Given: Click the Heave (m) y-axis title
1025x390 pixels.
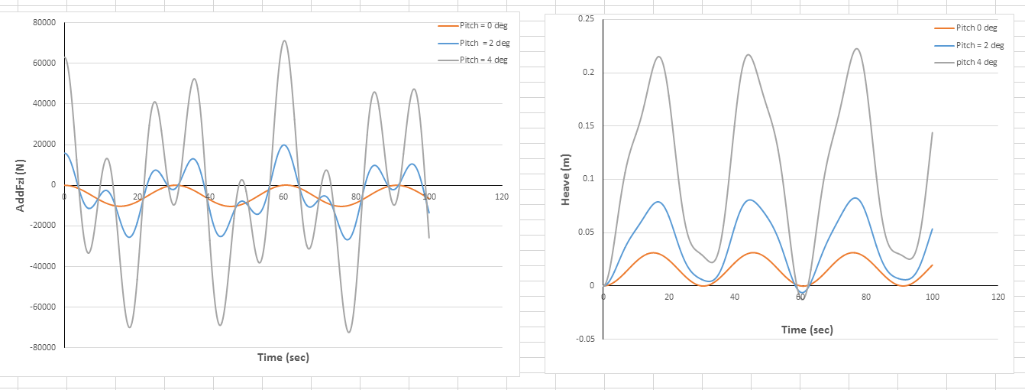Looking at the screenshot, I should click(x=566, y=180).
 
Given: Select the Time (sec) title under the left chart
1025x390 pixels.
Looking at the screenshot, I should click(x=283, y=357).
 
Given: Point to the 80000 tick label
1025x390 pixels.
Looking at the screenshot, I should click(x=44, y=23).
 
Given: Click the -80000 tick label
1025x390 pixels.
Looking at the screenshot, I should click(x=42, y=347).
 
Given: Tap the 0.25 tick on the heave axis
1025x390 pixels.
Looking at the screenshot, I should click(x=586, y=18).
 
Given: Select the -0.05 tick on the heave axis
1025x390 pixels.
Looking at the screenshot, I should click(x=584, y=339).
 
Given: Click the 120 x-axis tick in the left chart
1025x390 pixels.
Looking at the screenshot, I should click(x=501, y=197).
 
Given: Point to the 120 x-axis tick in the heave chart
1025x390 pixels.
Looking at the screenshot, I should click(x=997, y=296).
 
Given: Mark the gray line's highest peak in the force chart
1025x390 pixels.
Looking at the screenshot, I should click(x=284, y=41).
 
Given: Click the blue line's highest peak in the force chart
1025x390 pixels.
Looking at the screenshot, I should click(x=283, y=145).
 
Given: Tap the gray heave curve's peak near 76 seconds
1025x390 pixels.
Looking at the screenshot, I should click(x=856, y=49).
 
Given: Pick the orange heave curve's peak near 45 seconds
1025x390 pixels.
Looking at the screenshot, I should click(x=753, y=252).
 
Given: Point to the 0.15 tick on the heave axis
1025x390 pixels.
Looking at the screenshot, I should click(x=586, y=125).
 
